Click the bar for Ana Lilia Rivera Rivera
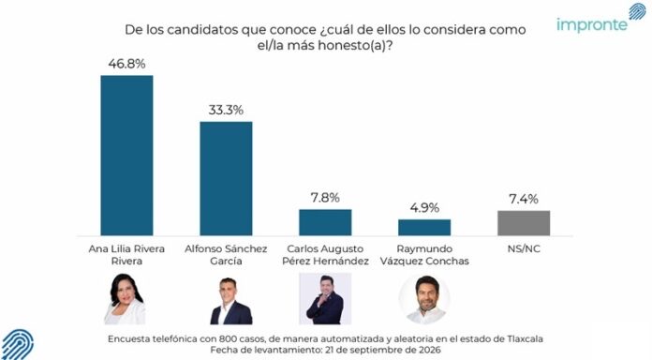click(x=126, y=156)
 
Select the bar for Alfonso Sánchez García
click(x=226, y=178)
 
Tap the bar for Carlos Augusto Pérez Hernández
click(x=325, y=222)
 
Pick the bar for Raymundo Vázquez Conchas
click(x=424, y=227)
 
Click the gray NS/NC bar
click(x=524, y=223)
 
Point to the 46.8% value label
click(x=126, y=64)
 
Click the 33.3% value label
click(x=226, y=110)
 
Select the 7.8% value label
click(x=325, y=198)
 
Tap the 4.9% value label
click(x=424, y=208)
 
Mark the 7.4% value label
click(x=524, y=199)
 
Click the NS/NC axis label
click(x=524, y=248)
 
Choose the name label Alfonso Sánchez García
click(x=226, y=255)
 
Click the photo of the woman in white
click(x=125, y=299)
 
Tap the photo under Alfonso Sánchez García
click(x=230, y=301)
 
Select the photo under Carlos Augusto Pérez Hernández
click(x=325, y=299)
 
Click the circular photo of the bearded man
click(x=424, y=299)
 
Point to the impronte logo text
click(x=592, y=24)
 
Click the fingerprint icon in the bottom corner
click(x=18, y=345)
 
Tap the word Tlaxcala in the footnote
click(x=525, y=338)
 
